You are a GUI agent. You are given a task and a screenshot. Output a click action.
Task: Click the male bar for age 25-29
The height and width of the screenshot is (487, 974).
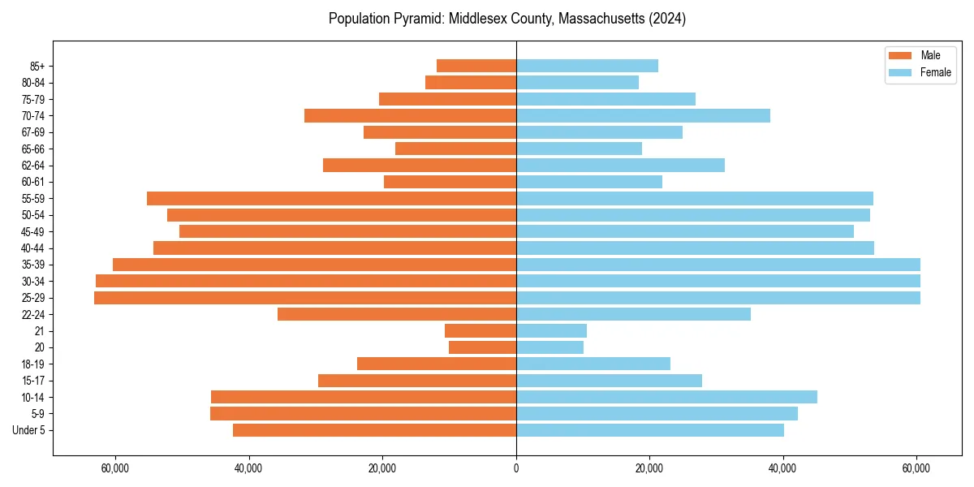click(305, 298)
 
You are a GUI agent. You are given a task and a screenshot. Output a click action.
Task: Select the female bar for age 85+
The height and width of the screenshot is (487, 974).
click(587, 66)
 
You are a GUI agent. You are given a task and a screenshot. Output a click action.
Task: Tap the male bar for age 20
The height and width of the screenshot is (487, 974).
click(482, 347)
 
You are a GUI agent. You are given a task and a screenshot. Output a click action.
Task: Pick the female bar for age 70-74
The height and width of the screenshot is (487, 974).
click(643, 115)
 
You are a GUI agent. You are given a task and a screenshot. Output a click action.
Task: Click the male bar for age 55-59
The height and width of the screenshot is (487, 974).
click(331, 198)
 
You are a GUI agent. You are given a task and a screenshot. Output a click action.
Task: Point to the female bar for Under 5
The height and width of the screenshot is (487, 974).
click(650, 430)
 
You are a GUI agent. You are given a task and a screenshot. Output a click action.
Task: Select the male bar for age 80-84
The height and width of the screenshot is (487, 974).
click(471, 82)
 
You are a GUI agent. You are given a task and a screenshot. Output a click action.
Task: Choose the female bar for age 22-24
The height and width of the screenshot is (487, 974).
click(633, 314)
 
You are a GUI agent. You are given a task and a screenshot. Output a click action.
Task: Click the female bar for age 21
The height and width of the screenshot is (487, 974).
click(551, 331)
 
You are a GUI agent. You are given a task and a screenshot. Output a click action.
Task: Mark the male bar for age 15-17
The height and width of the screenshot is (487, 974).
click(417, 381)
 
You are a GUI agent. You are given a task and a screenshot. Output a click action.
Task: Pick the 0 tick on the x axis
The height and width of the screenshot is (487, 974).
click(516, 468)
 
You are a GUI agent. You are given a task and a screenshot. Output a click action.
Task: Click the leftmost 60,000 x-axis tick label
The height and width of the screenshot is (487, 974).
click(115, 468)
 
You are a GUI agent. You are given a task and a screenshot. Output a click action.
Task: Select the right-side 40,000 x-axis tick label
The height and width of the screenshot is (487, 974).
click(782, 468)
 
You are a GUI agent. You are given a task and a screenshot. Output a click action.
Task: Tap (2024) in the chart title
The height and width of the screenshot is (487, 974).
click(665, 19)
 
